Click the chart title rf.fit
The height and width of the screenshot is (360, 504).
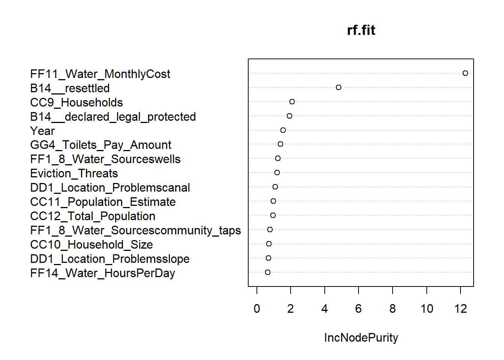click(x=361, y=30)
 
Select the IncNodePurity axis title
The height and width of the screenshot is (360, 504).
click(x=361, y=337)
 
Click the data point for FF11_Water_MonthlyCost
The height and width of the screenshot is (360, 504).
click(x=465, y=73)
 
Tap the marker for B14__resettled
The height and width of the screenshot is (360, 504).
click(x=339, y=87)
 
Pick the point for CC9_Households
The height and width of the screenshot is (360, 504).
click(x=292, y=102)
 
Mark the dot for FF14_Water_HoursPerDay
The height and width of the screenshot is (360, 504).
click(x=268, y=272)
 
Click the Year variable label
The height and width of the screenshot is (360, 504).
click(x=42, y=131)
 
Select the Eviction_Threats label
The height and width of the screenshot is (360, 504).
click(x=74, y=174)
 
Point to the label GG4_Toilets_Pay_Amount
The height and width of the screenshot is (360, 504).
click(x=100, y=145)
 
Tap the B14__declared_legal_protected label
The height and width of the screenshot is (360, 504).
click(x=113, y=117)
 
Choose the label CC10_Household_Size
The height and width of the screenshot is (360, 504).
click(x=91, y=245)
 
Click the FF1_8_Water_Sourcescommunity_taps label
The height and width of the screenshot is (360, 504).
click(x=135, y=231)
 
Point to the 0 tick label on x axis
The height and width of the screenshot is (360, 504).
click(x=257, y=309)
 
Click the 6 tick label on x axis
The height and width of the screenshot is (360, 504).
click(x=358, y=309)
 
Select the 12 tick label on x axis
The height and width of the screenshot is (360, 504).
click(x=460, y=309)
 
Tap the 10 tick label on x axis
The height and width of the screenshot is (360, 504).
click(x=427, y=309)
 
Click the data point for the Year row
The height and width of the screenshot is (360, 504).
click(x=283, y=130)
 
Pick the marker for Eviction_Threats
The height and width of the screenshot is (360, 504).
click(x=277, y=172)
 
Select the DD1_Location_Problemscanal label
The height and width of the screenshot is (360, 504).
click(x=110, y=188)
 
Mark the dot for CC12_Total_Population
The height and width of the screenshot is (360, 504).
click(x=273, y=215)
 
